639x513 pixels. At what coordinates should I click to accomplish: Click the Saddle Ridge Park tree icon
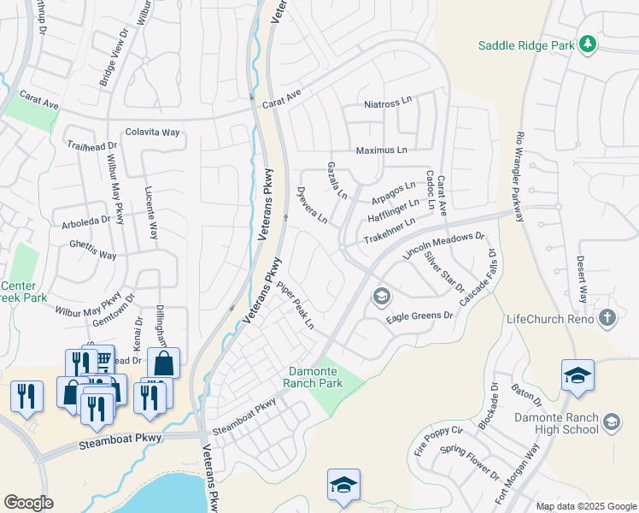tap(587, 44)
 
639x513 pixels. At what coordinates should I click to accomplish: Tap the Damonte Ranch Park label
tap(325, 377)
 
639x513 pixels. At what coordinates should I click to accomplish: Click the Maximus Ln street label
tap(381, 150)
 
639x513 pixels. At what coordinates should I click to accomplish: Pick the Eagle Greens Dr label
tap(419, 316)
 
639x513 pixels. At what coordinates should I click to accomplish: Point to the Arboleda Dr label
tap(86, 220)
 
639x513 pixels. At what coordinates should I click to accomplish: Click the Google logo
tap(28, 502)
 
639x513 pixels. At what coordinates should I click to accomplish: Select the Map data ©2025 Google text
tap(585, 506)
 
